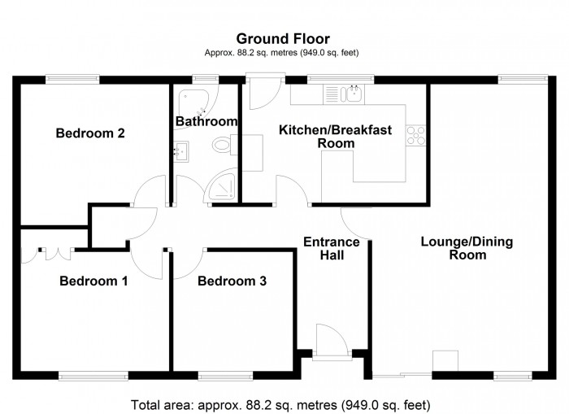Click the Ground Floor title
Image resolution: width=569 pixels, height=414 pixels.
point(282,38)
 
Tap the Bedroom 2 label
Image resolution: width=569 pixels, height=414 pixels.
point(89,133)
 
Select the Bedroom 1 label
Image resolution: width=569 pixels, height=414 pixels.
point(93,281)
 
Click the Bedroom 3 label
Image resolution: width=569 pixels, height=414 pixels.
point(232,281)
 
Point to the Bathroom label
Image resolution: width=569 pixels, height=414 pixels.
point(206,122)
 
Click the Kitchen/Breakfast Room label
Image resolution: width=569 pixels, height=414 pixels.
point(336,136)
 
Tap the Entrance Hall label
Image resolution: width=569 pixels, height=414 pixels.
point(331,248)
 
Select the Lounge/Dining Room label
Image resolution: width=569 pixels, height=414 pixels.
point(454,248)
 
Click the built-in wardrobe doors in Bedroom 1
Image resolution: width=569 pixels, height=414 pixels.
point(47,249)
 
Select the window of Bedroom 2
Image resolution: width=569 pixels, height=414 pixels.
point(72,78)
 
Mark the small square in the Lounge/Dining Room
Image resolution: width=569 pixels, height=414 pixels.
point(445,361)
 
